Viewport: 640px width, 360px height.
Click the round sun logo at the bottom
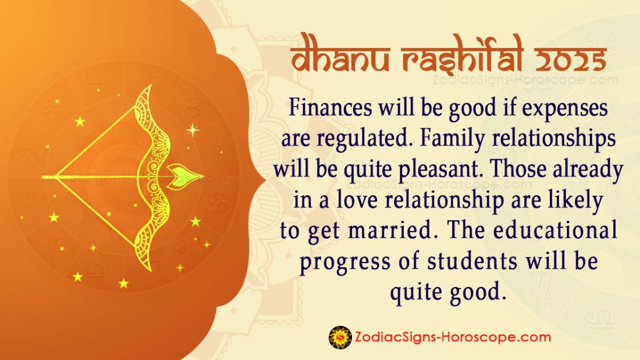point(340,337)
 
